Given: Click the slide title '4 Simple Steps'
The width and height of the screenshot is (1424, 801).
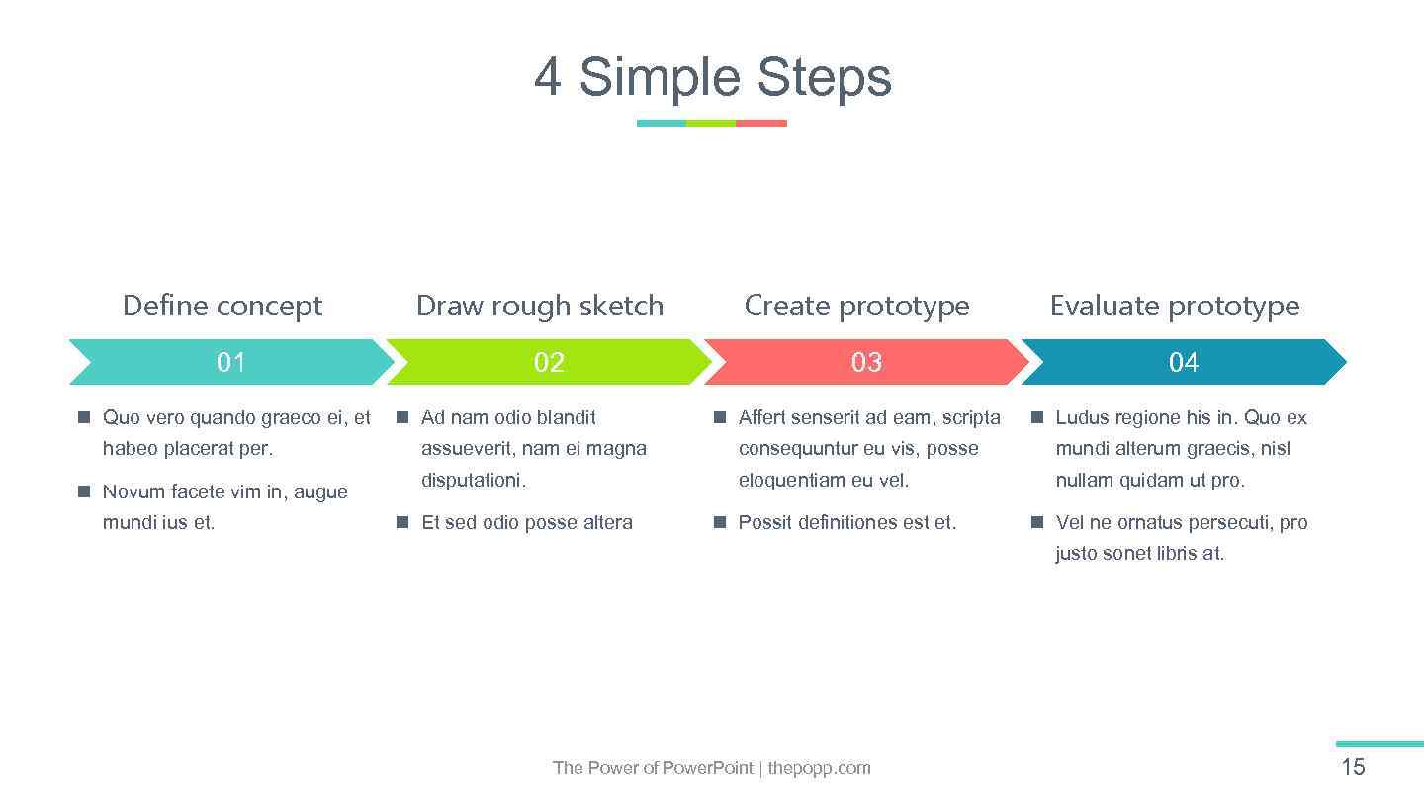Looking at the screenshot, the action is click(712, 77).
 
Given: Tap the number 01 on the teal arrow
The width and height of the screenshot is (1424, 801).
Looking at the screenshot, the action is click(230, 362).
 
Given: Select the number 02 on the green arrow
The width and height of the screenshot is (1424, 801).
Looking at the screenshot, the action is click(549, 362).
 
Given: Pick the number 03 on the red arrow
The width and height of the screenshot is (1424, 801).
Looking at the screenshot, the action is click(866, 362).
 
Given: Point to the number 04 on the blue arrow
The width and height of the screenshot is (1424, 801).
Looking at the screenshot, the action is click(1184, 362).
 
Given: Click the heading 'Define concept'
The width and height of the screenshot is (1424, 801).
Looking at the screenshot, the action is click(222, 306).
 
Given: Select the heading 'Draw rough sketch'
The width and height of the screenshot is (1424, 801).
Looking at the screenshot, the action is click(540, 306).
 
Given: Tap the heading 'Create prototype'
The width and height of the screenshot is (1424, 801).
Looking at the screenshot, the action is click(856, 306).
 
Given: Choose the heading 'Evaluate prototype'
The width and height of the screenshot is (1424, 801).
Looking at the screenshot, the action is click(1175, 306).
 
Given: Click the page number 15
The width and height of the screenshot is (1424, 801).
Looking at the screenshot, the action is click(1353, 767).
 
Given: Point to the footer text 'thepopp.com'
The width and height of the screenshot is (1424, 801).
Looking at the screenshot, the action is click(819, 768).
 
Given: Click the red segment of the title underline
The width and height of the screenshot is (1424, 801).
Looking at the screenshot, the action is click(761, 124).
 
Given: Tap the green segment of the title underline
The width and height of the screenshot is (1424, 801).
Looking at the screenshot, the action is click(711, 124).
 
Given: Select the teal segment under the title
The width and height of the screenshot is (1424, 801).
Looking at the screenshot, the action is click(661, 124).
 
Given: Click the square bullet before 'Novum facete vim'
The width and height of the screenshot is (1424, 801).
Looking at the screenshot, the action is click(85, 490).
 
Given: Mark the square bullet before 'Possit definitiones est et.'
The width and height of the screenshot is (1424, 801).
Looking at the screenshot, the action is click(720, 521).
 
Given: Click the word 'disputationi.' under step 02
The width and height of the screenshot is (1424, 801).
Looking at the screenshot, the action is click(474, 480).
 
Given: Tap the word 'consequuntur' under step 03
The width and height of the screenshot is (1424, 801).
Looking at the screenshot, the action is click(798, 448).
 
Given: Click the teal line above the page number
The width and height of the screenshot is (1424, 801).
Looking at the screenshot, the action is click(1379, 744).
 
